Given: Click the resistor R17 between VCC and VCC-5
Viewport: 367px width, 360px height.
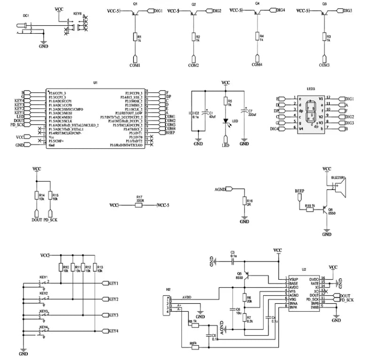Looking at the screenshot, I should [139, 205].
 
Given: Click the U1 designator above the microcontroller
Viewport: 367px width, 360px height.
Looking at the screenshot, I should [95, 83].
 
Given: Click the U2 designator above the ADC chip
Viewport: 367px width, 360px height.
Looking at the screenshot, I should [304, 270].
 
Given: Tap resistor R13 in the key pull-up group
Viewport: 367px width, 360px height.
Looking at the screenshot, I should [94, 268].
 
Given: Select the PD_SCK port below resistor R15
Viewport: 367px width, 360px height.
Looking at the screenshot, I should [50, 219].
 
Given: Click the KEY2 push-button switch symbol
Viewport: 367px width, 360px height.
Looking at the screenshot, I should [44, 299].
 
